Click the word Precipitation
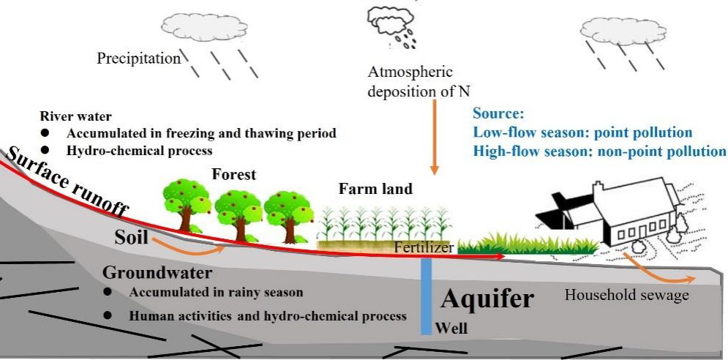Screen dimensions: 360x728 pos(138,59)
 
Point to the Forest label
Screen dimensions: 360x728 pos(233,175)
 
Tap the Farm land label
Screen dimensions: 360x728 pos(375,190)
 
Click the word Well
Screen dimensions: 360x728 pos(451,329)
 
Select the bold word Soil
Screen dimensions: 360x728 pos(132,237)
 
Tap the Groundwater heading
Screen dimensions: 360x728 pos(157,273)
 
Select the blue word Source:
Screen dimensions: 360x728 pos(499,115)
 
